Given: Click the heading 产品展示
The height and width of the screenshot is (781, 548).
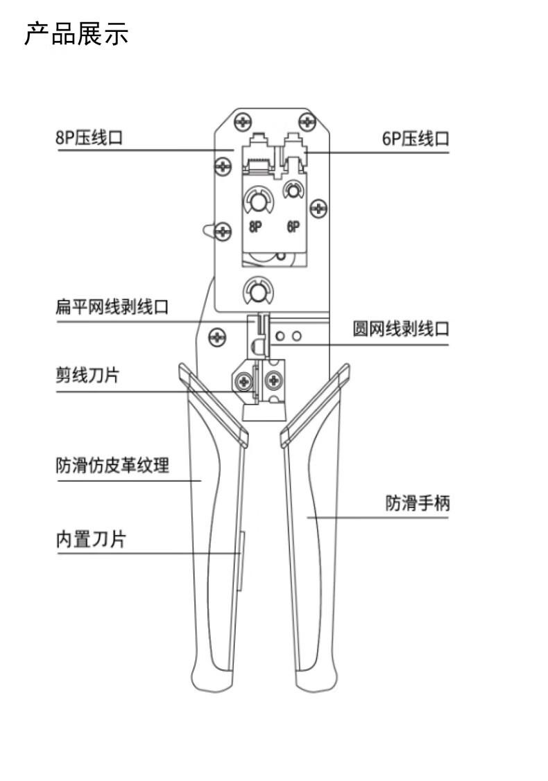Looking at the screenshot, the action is (76, 35).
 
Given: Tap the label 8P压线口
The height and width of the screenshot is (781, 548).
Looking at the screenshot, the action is (89, 137).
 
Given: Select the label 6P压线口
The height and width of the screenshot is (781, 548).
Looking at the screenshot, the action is (416, 139).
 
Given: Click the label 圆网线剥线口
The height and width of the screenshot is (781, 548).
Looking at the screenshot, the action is (401, 328).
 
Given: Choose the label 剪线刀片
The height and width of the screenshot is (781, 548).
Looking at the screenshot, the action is (87, 375).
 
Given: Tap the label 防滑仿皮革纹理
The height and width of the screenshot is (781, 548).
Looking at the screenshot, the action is (112, 465).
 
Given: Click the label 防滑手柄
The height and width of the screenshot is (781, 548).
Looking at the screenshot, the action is (418, 502).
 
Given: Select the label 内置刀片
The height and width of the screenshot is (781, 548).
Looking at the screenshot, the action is (90, 539).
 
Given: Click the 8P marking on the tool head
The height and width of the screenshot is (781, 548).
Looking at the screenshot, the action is (255, 227).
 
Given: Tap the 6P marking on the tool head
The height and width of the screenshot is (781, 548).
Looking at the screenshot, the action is (293, 227).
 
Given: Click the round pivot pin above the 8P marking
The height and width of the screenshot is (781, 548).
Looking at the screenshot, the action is (258, 202).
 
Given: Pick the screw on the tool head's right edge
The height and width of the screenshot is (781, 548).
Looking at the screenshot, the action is (318, 208).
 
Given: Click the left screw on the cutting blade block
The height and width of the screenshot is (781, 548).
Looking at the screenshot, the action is (244, 382).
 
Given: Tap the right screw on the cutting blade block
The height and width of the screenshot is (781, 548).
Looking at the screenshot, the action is (274, 382).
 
